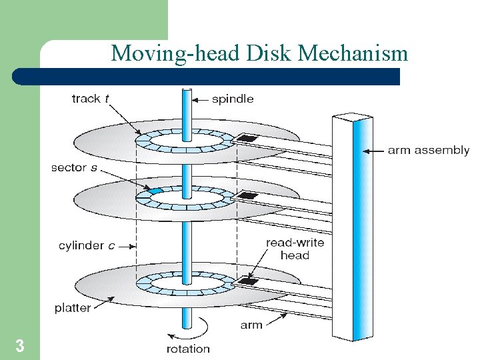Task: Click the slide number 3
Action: click(20, 346)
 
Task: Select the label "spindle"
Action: click(233, 99)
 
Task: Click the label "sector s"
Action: click(73, 167)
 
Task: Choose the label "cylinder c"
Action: click(86, 246)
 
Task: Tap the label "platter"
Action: click(73, 309)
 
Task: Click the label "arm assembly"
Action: click(428, 151)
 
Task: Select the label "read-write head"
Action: click(295, 249)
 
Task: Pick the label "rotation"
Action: click(187, 348)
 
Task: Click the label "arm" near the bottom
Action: click(251, 325)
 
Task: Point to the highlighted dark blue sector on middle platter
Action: click(155, 191)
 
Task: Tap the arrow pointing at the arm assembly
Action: click(373, 151)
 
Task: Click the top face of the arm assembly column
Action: click(353, 119)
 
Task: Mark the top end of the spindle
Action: click(187, 91)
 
